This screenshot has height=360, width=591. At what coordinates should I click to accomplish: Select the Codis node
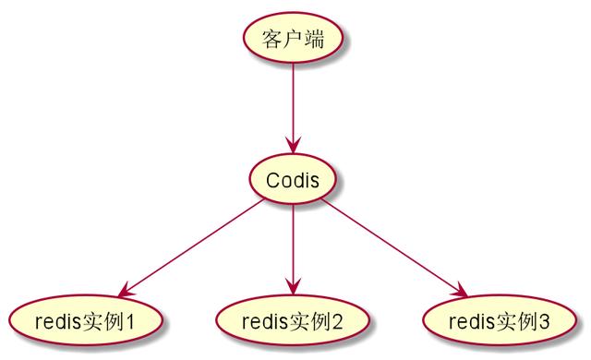tap(292, 179)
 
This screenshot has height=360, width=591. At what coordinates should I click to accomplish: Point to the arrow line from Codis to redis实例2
tap(292, 245)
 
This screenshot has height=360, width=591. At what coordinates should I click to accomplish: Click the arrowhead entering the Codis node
tap(292, 146)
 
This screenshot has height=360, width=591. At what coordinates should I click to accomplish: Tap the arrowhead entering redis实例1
tap(126, 289)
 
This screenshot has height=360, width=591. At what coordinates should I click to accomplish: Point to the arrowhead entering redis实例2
tap(292, 286)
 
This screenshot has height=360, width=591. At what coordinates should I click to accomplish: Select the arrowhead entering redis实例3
tap(458, 289)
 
